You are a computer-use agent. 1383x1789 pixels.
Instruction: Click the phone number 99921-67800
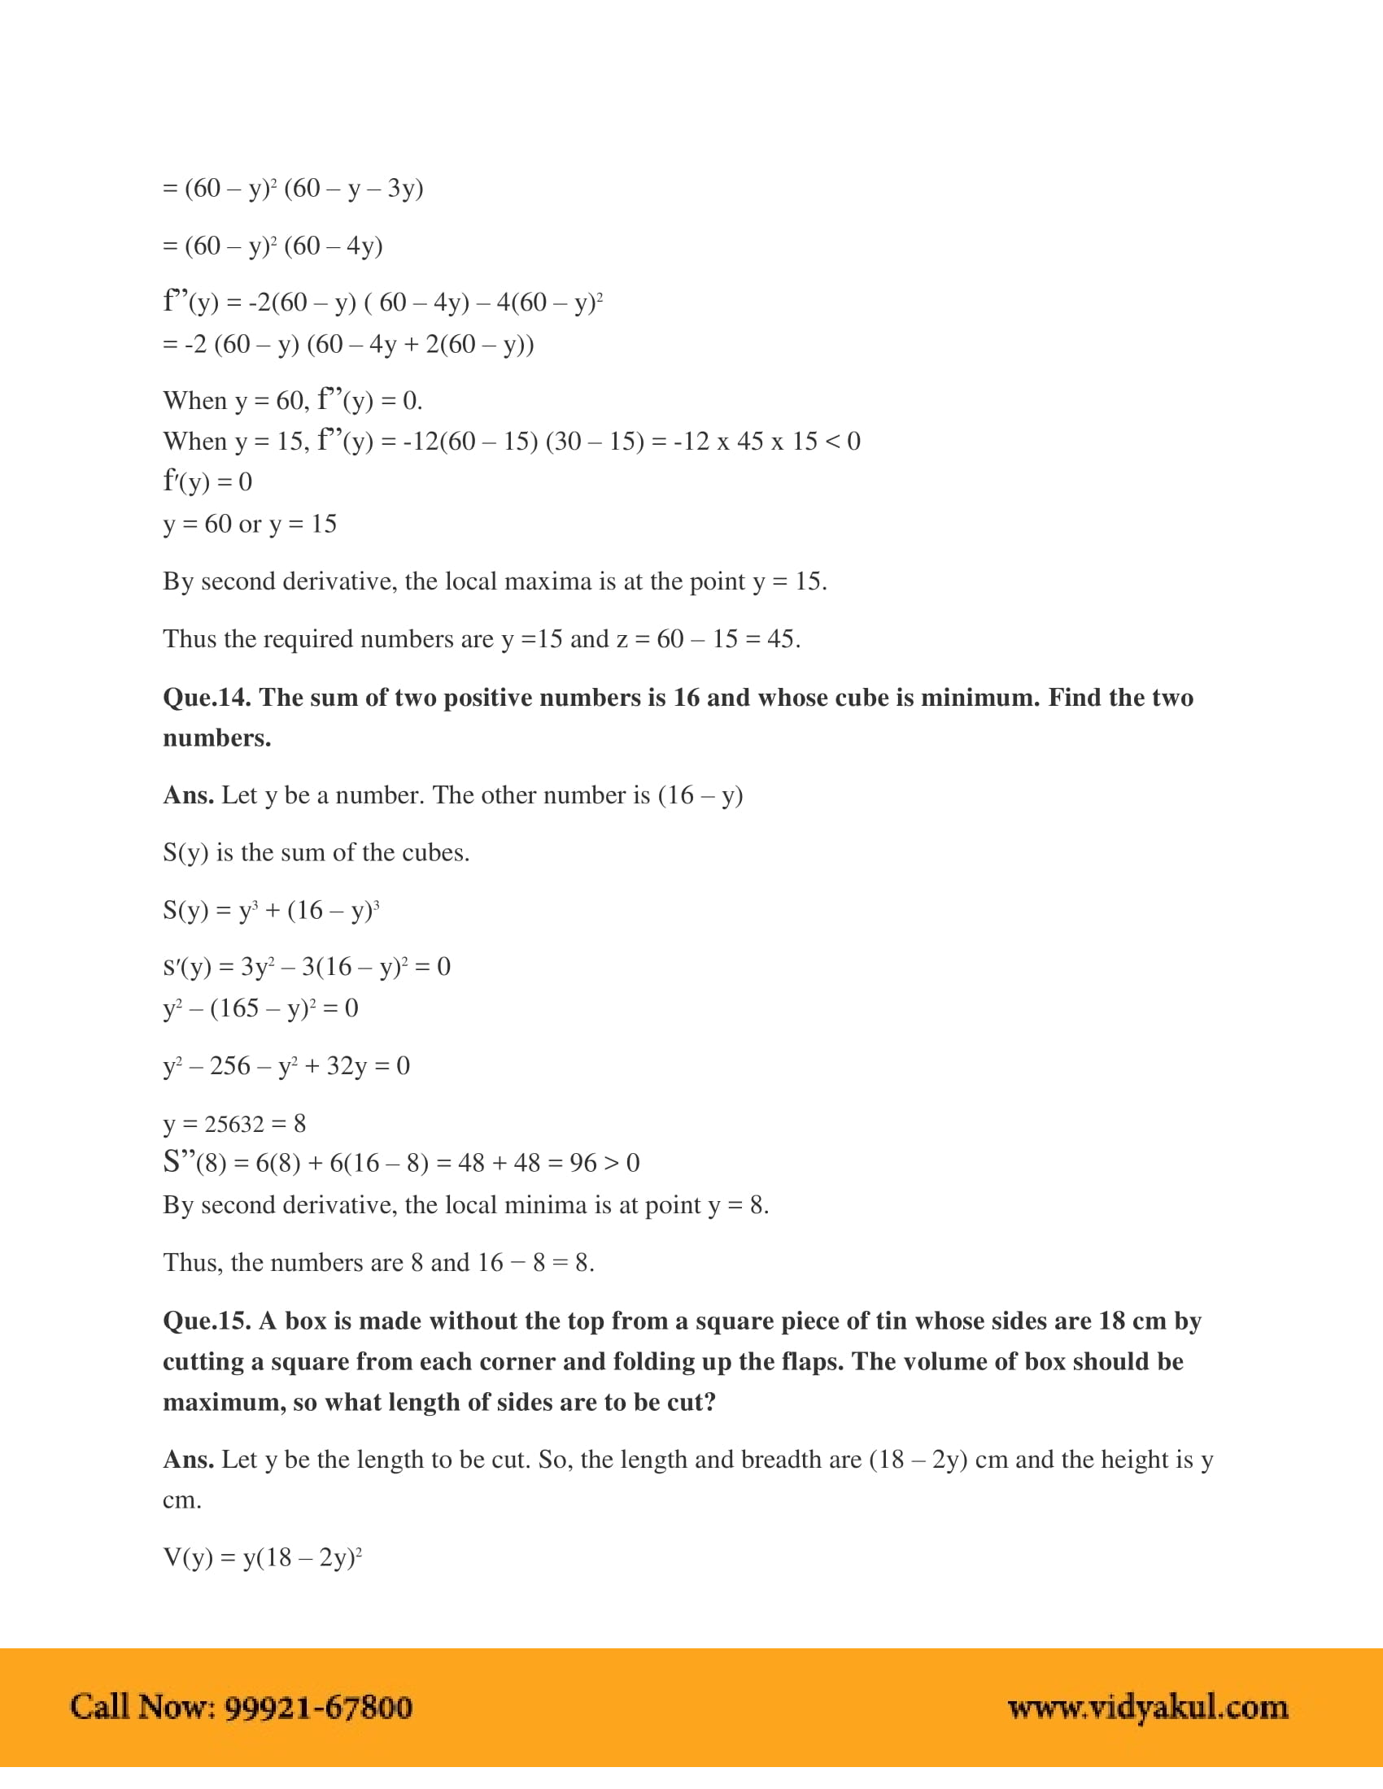318,1708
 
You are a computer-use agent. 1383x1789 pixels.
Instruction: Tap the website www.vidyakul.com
1147,1708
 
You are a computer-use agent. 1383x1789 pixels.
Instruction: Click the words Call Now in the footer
142,1708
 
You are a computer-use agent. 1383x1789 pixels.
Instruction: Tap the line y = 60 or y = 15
250,525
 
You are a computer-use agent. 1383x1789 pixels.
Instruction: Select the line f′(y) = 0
207,481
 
